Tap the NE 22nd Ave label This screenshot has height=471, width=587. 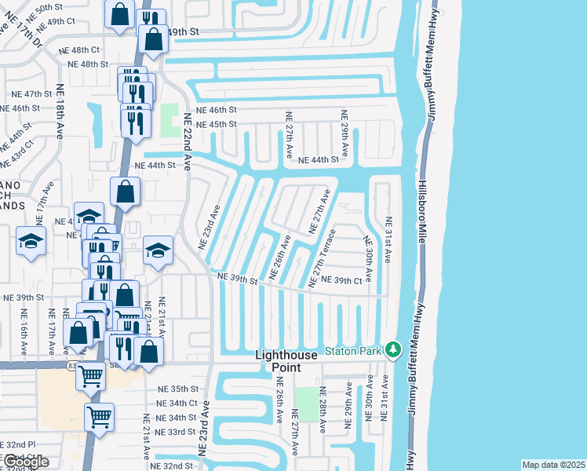188,141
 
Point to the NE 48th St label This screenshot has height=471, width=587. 88,64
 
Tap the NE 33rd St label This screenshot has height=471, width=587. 175,432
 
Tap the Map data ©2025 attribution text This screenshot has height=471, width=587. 552,465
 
